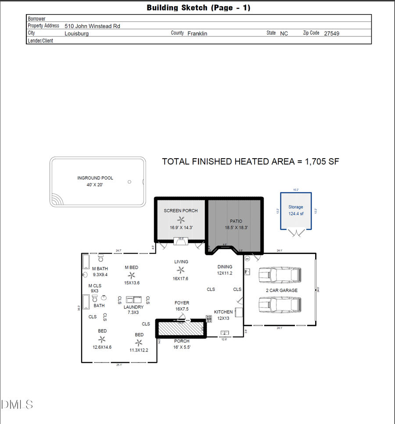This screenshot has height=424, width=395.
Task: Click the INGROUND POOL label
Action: tap(95, 178)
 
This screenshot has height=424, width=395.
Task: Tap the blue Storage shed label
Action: tap(296, 207)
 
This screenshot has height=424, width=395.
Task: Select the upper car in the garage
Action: tap(280, 275)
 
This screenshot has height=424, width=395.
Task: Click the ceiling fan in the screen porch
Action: tap(180, 220)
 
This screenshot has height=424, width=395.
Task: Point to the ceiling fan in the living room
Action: tap(181, 270)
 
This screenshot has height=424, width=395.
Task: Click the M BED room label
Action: tap(132, 268)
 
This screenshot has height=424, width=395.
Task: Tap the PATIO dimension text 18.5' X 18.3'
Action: tap(236, 228)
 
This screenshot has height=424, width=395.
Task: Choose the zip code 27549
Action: tap(331, 33)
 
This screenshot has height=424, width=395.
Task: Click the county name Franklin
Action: tap(197, 33)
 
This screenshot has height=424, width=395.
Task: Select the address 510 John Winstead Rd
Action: tap(92, 26)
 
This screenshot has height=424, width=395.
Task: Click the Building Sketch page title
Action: tap(198, 7)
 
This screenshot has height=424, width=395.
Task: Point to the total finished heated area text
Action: tap(250, 162)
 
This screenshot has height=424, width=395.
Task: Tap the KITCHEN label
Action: tap(223, 312)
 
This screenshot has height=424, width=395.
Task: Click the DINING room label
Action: tap(225, 267)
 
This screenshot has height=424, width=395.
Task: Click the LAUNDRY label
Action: tap(133, 307)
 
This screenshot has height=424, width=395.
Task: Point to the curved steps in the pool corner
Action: tap(57, 199)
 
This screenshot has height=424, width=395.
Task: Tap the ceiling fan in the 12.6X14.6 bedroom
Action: tap(102, 339)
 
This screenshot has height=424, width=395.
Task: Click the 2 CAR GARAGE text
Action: tap(281, 290)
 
